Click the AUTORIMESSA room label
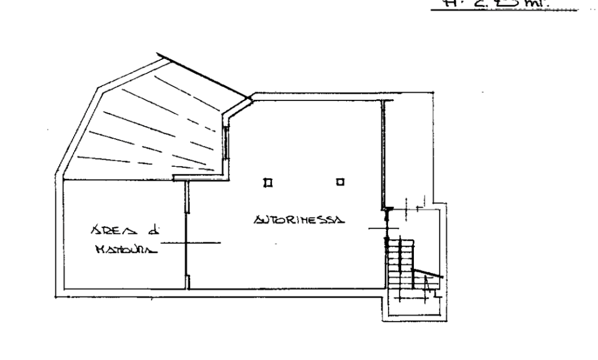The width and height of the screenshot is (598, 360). click(297, 220)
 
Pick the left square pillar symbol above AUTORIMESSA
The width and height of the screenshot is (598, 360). click(268, 181)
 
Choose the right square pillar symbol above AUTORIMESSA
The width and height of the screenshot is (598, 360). click(340, 181)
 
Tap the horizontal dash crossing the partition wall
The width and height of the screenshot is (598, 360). click(191, 243)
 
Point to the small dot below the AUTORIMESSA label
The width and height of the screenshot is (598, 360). click(276, 243)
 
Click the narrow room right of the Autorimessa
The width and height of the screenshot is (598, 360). click(408, 150)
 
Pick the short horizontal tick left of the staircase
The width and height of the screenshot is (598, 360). click(377, 228)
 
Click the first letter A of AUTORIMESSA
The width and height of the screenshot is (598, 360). click(258, 220)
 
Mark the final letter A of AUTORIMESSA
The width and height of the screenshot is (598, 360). click(339, 220)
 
